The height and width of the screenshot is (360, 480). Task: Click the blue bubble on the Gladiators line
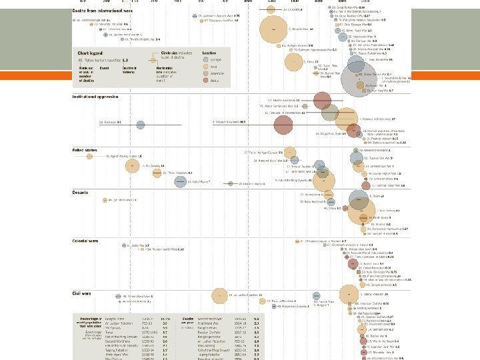140,125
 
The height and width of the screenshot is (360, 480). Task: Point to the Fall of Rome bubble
179,181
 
